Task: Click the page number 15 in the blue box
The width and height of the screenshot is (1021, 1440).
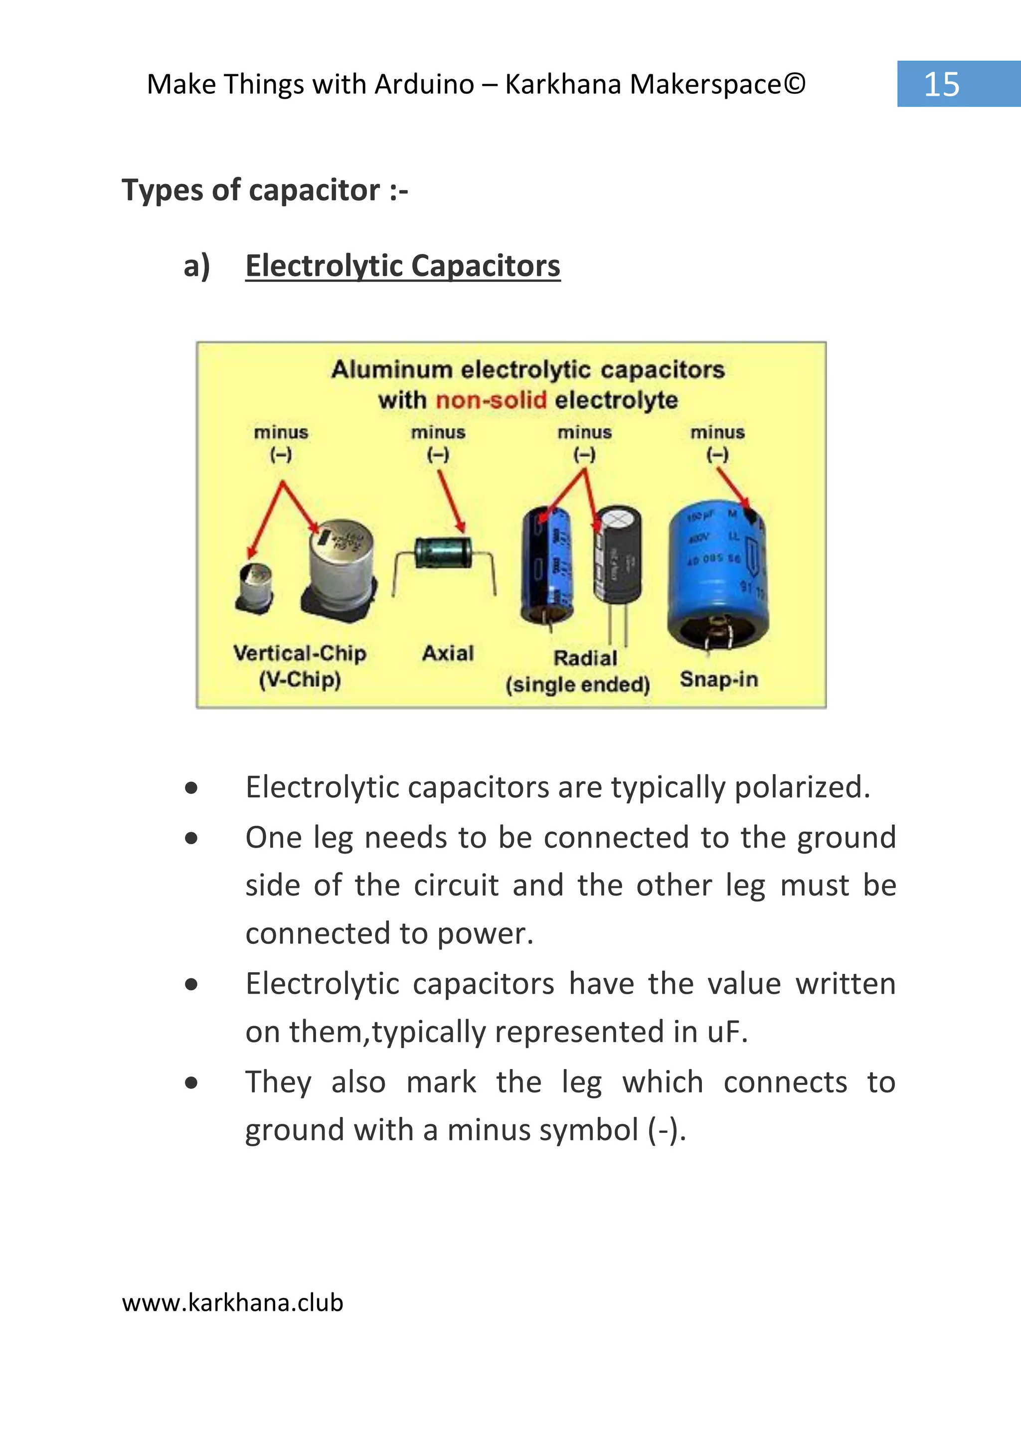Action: tap(941, 84)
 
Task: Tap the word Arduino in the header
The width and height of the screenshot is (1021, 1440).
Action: tap(424, 84)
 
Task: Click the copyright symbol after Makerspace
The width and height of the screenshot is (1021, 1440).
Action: tap(795, 84)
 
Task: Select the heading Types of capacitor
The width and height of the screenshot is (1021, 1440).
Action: tap(264, 190)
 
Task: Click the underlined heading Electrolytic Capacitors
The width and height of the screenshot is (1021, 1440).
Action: tap(402, 265)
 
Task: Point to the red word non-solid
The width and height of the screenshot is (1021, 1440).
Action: tap(491, 400)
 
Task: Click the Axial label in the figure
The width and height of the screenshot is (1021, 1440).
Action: tap(448, 653)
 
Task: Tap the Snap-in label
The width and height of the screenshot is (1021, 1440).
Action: tap(718, 679)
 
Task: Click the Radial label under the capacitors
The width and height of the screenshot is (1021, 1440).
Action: tap(585, 658)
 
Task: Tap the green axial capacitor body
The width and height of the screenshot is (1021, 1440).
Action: tap(443, 552)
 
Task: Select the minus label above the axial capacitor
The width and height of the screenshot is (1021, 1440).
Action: tap(438, 433)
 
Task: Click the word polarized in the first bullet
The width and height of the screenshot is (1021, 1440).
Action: tap(802, 787)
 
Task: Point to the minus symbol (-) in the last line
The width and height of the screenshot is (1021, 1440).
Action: tap(667, 1130)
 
